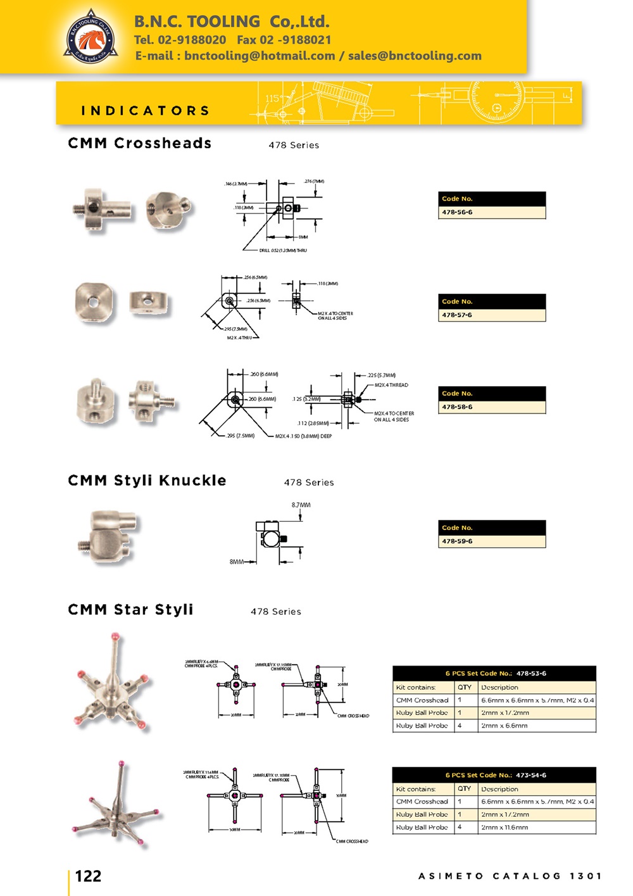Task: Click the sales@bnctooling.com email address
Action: click(x=415, y=56)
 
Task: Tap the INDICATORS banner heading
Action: click(x=145, y=111)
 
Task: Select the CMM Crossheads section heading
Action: click(x=139, y=144)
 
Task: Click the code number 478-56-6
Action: click(x=457, y=212)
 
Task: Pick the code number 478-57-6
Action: click(x=457, y=315)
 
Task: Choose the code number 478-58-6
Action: click(x=457, y=407)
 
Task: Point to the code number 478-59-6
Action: click(x=457, y=541)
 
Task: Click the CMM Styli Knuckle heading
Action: click(x=147, y=481)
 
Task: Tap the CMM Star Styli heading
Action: click(x=130, y=610)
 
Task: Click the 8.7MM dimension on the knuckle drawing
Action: click(x=301, y=505)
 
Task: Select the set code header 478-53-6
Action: click(x=495, y=674)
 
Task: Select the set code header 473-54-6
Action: click(x=495, y=775)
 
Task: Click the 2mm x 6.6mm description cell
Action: click(x=504, y=726)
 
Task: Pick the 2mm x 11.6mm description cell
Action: click(x=504, y=828)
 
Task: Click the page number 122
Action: click(x=88, y=876)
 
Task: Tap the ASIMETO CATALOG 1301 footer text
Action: click(x=510, y=876)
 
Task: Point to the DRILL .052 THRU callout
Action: click(x=282, y=251)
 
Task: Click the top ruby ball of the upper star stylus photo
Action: click(x=115, y=635)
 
